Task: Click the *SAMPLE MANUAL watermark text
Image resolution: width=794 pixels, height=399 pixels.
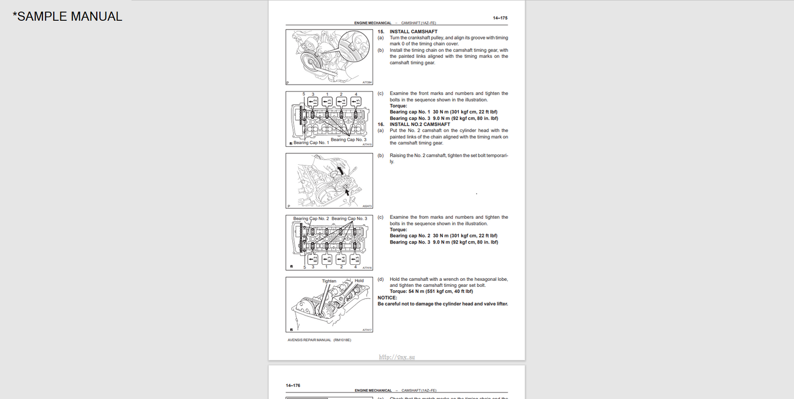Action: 67,16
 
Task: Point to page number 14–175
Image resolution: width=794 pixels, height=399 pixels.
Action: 500,18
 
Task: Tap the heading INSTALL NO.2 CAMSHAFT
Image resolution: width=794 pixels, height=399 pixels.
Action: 420,124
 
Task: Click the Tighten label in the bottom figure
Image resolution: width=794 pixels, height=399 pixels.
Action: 329,281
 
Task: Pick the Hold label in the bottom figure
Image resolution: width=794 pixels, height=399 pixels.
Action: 359,281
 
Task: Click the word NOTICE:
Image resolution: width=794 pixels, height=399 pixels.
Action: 387,297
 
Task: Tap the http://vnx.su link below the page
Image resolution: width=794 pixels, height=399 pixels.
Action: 397,357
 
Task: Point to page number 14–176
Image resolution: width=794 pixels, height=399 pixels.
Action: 293,385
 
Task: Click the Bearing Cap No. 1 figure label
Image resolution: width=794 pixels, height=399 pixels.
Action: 311,143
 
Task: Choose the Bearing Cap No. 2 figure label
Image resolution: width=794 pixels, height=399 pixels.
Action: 311,219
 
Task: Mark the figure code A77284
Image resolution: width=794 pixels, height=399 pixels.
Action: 367,82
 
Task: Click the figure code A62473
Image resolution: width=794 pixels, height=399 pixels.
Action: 367,206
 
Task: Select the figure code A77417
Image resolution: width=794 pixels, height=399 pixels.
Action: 367,330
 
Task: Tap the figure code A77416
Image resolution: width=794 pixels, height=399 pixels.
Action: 367,268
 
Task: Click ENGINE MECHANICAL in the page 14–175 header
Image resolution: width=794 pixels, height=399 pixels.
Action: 373,23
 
